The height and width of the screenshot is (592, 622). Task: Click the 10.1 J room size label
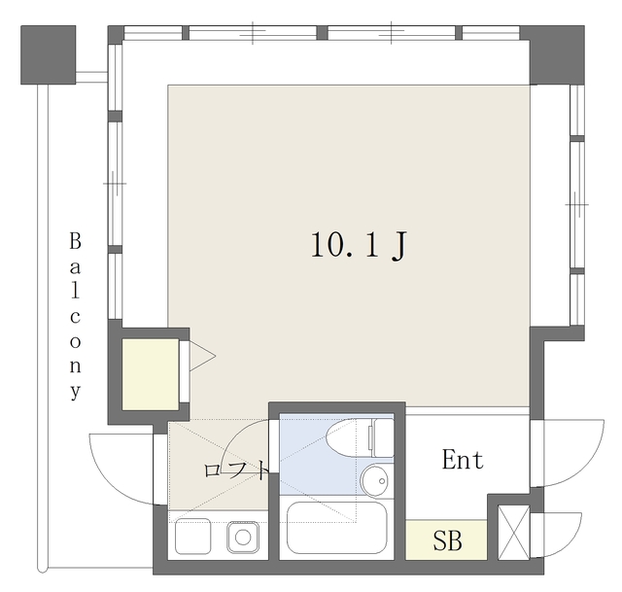click(x=359, y=245)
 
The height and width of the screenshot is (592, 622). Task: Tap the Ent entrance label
click(x=463, y=460)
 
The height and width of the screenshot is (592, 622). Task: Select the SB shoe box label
click(x=447, y=540)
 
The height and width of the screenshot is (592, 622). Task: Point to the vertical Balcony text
click(x=76, y=316)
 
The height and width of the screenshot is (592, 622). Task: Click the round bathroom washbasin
click(x=375, y=480)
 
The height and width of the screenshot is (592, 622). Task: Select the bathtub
click(x=336, y=528)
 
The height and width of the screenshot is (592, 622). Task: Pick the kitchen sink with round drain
click(x=243, y=538)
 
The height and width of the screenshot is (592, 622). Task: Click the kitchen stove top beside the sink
click(x=192, y=536)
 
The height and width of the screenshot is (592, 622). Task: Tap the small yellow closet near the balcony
click(x=151, y=374)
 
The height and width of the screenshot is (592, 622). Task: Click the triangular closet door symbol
click(x=202, y=356)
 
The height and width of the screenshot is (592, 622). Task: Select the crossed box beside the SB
click(x=514, y=532)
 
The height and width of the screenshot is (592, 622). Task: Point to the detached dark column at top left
click(x=48, y=54)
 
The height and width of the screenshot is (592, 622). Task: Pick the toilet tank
click(x=383, y=438)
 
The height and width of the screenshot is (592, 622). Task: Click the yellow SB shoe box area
click(x=446, y=540)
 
